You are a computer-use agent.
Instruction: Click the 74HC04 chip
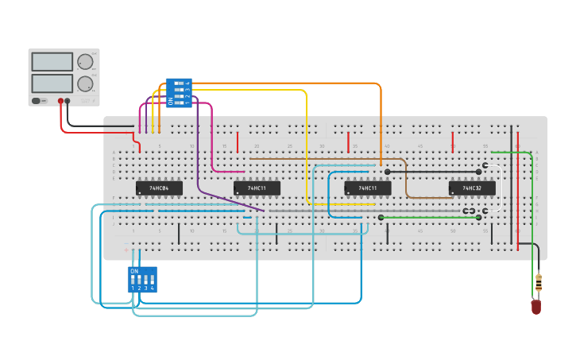(x=159, y=188)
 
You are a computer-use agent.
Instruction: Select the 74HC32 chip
(x=472, y=188)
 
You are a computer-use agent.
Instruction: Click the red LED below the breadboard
(x=536, y=307)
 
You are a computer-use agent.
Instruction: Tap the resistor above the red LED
(x=539, y=282)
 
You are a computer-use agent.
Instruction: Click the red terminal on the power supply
(x=60, y=102)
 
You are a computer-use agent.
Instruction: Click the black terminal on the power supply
(x=68, y=102)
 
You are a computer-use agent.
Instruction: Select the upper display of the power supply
(x=52, y=61)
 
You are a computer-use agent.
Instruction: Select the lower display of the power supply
(x=52, y=83)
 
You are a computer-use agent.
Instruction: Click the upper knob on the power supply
(x=85, y=62)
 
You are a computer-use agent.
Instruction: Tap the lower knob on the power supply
(x=85, y=83)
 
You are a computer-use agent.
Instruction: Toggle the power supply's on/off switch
(x=37, y=101)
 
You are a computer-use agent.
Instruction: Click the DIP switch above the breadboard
(x=179, y=92)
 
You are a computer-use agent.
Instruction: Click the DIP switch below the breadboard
(x=142, y=279)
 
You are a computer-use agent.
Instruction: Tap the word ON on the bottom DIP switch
(x=134, y=271)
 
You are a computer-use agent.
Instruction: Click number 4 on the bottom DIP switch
(x=152, y=288)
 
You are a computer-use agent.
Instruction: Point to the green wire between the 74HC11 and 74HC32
(x=429, y=217)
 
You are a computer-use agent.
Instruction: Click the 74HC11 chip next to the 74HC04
(x=257, y=188)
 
